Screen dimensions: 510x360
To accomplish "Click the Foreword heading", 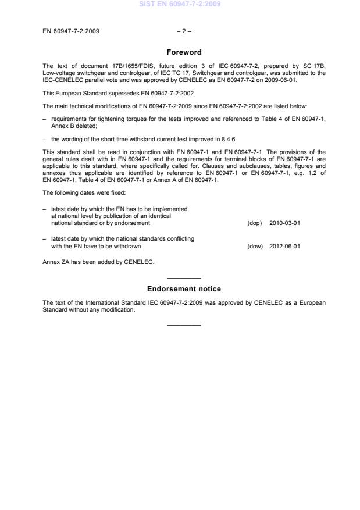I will [184, 52].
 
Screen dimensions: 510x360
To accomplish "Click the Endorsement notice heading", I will [184, 289].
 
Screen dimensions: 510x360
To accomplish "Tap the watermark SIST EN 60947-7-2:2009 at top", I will [180, 5].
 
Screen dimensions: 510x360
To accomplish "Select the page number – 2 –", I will [184, 31].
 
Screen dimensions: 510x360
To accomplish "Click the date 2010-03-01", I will [285, 223].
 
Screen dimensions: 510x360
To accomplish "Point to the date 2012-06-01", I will [285, 246].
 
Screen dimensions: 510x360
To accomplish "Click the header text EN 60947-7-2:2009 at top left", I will [71, 31].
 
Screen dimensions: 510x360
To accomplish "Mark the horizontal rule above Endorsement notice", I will [184, 278].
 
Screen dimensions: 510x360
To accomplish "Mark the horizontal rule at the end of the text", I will [184, 324].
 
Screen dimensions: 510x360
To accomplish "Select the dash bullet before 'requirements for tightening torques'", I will [45, 119].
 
